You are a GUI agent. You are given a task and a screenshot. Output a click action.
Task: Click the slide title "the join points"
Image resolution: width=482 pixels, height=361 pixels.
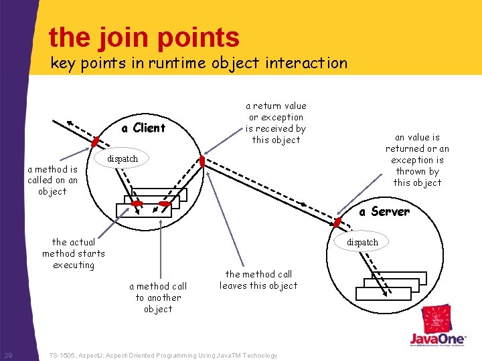point(144,37)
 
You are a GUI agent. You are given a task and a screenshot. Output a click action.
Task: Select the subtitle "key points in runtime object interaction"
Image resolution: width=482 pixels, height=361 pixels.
point(199,64)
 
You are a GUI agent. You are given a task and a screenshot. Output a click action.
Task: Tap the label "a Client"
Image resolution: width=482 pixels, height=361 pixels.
point(143,128)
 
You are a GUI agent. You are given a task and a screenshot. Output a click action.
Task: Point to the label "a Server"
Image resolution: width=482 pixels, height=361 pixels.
point(384,211)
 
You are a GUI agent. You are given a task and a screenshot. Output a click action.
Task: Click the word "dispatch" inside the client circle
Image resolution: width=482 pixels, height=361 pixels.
point(123,158)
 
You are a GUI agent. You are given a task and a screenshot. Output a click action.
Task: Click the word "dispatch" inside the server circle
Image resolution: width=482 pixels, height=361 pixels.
point(362,242)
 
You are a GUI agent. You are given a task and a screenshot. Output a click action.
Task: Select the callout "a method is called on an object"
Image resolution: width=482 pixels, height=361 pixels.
point(52,180)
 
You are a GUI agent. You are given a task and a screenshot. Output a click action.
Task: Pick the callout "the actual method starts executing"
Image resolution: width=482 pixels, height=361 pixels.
point(74,253)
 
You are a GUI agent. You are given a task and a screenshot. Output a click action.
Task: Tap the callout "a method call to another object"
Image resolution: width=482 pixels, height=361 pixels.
point(158,297)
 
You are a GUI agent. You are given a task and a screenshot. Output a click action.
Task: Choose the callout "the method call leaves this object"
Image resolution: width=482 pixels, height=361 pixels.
point(258,279)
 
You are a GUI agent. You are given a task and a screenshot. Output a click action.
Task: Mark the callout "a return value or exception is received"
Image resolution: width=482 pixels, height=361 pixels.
point(276,122)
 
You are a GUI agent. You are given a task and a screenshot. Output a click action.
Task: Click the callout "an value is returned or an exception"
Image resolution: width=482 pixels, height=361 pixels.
point(417,160)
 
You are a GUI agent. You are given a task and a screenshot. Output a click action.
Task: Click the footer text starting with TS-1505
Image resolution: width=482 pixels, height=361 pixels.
point(163,355)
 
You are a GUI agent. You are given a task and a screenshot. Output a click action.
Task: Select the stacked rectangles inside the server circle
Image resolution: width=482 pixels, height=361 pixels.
point(391,285)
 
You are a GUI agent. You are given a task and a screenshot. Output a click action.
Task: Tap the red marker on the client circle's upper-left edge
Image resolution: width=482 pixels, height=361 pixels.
point(96,142)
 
